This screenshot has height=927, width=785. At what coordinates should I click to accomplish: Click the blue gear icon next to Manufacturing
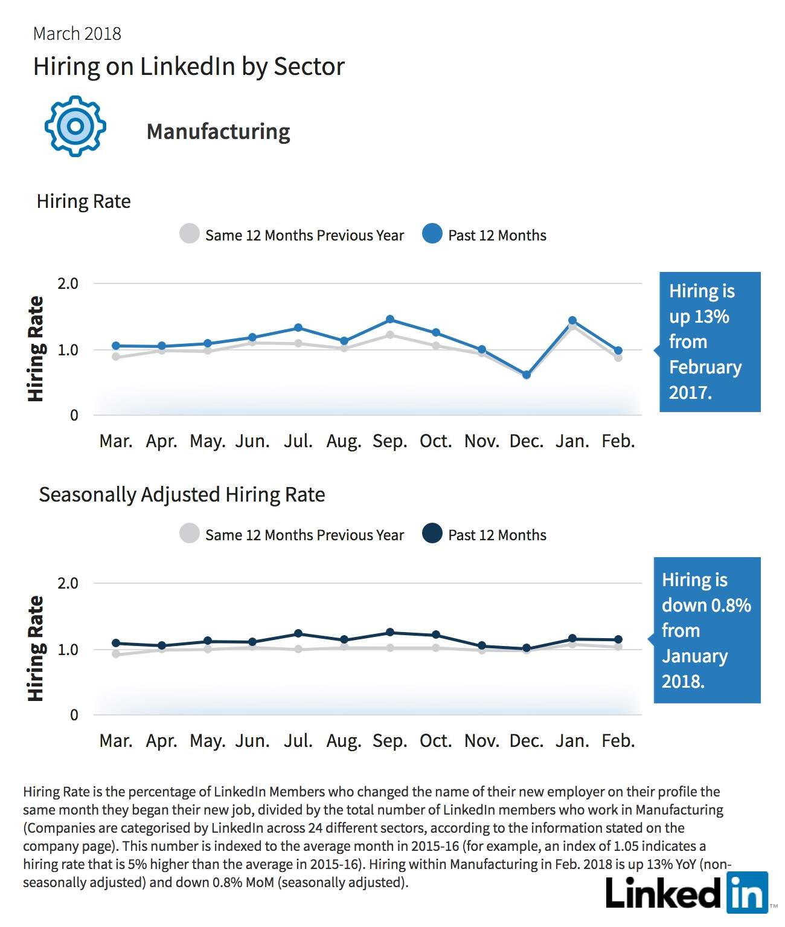[x=75, y=126]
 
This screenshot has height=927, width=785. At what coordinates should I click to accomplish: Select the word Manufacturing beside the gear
[x=218, y=132]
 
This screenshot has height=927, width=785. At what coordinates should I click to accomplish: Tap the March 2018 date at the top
[x=77, y=34]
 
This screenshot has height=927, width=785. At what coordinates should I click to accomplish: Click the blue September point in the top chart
[x=390, y=319]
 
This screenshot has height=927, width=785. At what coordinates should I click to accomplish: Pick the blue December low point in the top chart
[x=527, y=375]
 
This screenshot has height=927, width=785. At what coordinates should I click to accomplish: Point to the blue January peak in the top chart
[x=572, y=320]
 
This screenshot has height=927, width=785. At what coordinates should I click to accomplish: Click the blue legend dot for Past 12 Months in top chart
[x=432, y=234]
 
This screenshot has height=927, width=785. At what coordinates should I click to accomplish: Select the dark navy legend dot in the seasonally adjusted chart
[x=432, y=533]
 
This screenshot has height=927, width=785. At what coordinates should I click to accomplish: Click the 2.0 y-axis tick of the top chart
[x=68, y=283]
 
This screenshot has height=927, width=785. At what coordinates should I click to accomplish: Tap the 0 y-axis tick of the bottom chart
[x=74, y=715]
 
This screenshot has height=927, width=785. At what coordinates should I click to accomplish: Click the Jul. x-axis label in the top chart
[x=298, y=441]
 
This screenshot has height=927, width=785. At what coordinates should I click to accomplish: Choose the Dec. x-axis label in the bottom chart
[x=527, y=741]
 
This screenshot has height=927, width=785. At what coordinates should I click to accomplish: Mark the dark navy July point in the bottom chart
[x=298, y=634]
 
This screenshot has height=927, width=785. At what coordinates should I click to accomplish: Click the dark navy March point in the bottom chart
[x=116, y=643]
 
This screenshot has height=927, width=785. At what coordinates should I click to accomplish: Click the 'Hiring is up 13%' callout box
[x=710, y=342]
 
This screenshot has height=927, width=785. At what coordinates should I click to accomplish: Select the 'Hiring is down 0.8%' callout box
[x=707, y=630]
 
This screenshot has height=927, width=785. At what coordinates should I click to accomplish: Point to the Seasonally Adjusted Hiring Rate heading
[x=182, y=495]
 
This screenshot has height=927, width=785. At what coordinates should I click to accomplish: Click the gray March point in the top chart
[x=116, y=357]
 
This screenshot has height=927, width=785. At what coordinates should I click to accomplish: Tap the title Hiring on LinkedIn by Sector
[x=189, y=67]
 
